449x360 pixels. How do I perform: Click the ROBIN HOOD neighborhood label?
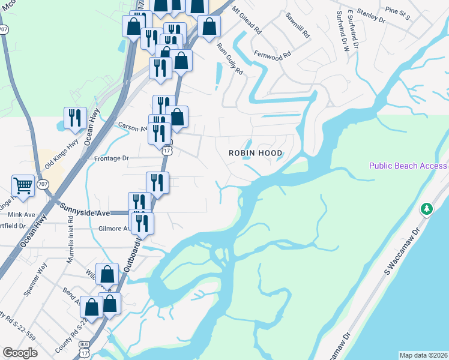255,153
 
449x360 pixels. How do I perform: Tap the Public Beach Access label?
408,166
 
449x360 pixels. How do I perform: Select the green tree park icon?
427,209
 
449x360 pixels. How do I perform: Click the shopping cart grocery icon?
23,186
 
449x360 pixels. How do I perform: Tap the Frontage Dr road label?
112,158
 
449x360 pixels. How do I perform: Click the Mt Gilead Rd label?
247,21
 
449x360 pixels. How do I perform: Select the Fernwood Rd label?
272,53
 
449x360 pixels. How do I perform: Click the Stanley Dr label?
371,15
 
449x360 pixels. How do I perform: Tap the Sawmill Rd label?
298,25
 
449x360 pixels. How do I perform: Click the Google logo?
20,353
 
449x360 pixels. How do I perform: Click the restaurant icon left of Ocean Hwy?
75,118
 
